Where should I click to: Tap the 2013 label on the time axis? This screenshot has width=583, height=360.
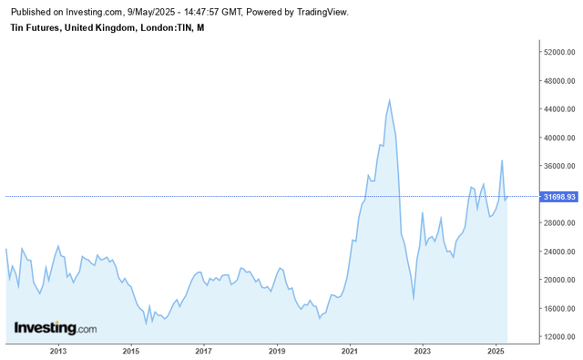[x=57, y=351]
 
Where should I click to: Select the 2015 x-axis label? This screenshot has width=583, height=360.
[x=130, y=351]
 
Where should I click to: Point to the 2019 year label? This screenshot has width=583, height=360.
[x=277, y=351]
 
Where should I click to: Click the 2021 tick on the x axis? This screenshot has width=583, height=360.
[x=350, y=351]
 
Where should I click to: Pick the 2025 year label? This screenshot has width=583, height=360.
[x=496, y=351]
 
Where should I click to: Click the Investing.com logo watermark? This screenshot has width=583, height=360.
[x=55, y=328]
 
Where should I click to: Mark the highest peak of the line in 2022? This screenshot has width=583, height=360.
[x=390, y=100]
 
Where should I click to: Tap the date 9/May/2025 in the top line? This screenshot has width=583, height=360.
[x=152, y=12]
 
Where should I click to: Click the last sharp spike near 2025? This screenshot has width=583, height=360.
[x=502, y=161]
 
